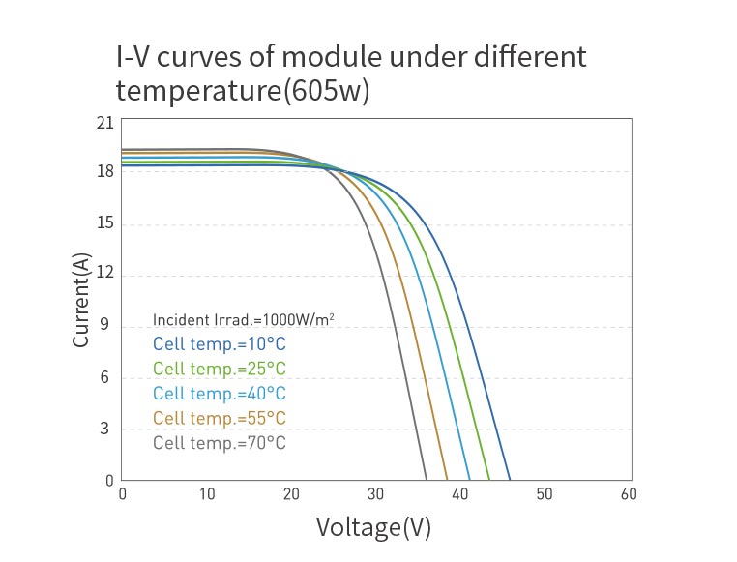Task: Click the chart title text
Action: (350, 74)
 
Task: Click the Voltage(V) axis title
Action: (373, 527)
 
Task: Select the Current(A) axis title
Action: (83, 302)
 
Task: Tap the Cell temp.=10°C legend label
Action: (220, 343)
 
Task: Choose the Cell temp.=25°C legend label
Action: (220, 369)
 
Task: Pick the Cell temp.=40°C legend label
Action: (220, 394)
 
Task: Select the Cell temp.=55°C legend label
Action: (220, 419)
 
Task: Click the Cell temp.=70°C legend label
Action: (220, 444)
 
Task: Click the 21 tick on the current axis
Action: (105, 123)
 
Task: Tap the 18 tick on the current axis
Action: (105, 172)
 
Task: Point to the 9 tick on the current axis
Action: (105, 327)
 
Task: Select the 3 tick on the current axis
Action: (105, 429)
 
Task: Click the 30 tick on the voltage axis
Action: (375, 494)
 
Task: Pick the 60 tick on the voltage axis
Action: (629, 494)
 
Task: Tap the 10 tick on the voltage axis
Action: (207, 494)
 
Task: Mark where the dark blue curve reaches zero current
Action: (510, 479)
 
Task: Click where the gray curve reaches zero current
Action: (426, 479)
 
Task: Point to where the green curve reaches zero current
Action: (489, 479)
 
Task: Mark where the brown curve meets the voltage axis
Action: (447, 479)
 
